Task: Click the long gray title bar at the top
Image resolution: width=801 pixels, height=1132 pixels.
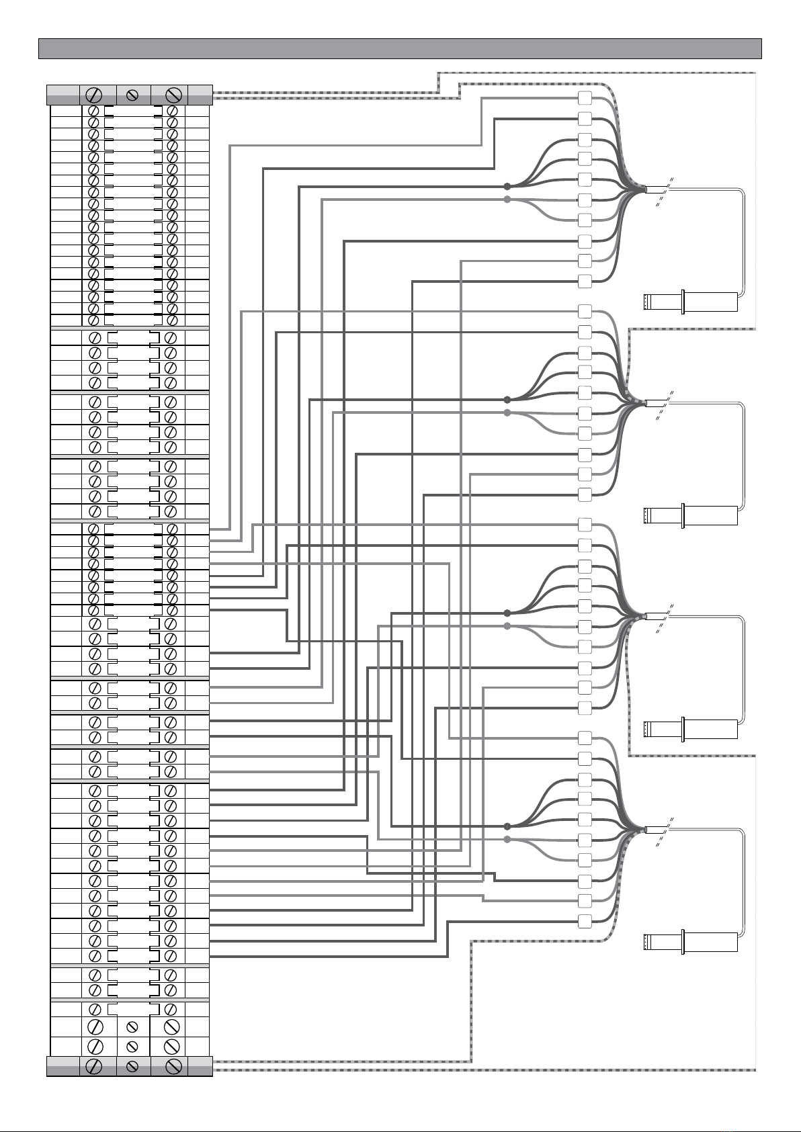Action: (400, 48)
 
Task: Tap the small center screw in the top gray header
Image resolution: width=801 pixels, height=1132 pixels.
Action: (133, 95)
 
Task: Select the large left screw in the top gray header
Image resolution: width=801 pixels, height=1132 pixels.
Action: (94, 95)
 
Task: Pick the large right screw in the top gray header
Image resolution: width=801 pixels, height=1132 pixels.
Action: (173, 95)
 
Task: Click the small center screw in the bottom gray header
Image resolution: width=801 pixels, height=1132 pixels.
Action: (133, 1066)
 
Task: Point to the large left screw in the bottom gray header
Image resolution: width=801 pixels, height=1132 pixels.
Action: (94, 1066)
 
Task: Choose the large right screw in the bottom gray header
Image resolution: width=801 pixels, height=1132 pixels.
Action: (173, 1066)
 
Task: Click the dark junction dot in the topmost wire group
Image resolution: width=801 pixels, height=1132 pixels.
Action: (507, 186)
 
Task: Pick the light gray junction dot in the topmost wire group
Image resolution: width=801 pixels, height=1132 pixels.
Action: (507, 200)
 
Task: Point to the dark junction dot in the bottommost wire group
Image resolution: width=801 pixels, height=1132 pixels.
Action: (507, 826)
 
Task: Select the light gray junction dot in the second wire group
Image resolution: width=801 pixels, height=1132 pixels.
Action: (507, 412)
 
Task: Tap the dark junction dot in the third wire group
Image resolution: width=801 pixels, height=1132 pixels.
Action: (507, 613)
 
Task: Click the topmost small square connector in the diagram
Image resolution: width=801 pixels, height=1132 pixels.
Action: (585, 97)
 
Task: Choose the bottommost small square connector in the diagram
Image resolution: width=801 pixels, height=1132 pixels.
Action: (585, 920)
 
